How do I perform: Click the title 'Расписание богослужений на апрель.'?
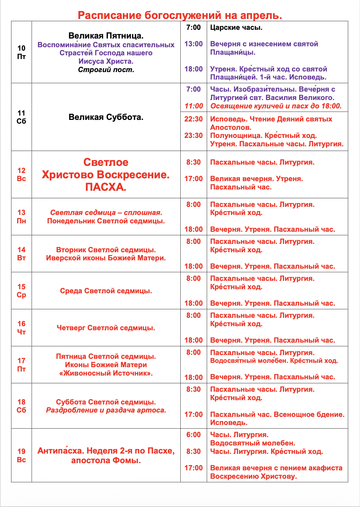(x=180, y=15)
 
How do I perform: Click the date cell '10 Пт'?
(x=21, y=52)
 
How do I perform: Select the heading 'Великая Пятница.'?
(x=106, y=36)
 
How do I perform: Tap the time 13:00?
(x=193, y=44)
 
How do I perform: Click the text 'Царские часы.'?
(x=236, y=28)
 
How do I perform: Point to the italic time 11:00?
(x=194, y=106)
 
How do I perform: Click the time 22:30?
(x=193, y=119)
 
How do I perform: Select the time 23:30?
(x=193, y=136)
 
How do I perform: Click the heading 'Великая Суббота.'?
(x=106, y=117)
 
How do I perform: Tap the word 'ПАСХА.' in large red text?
(x=106, y=187)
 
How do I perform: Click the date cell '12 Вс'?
(x=21, y=175)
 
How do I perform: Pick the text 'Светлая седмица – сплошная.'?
(x=106, y=213)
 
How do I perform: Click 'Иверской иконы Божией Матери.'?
(x=106, y=258)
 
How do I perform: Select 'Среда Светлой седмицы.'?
(x=106, y=291)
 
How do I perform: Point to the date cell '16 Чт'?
(x=21, y=328)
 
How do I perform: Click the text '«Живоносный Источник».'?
(x=106, y=373)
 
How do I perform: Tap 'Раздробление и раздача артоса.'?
(x=106, y=410)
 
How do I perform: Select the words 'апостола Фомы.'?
(x=106, y=460)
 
